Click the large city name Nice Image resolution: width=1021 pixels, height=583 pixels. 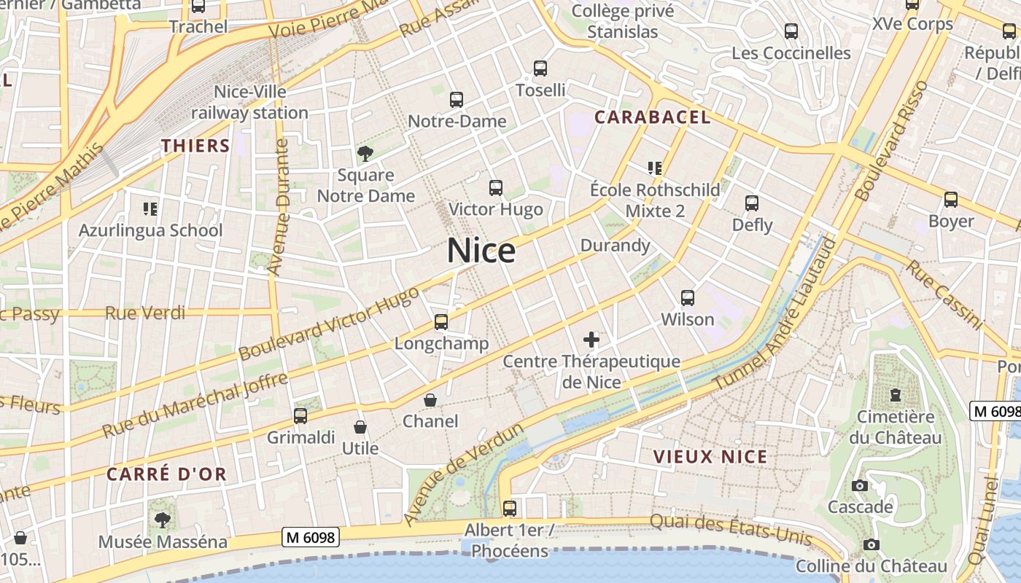481,251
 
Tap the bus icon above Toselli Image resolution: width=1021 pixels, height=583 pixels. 540,69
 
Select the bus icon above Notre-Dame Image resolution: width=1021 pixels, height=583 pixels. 457,100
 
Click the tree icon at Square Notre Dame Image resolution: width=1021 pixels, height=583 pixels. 365,153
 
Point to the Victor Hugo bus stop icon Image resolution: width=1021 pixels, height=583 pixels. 496,188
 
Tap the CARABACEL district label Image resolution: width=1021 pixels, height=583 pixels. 652,117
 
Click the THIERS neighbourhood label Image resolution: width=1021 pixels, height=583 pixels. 195,146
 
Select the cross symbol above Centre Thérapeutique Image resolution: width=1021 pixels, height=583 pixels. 591,340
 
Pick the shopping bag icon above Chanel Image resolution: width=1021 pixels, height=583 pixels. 430,400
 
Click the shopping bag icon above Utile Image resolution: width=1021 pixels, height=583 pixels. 360,427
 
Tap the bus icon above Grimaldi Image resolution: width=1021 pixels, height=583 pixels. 300,416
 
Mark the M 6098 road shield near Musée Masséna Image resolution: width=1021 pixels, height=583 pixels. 311,538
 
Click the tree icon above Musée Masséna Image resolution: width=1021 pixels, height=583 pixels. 162,520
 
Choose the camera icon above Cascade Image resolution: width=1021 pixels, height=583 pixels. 860,485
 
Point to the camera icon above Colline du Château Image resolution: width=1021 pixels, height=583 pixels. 871,544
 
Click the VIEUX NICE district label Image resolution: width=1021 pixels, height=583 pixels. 710,457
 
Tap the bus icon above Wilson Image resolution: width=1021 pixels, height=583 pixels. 687,298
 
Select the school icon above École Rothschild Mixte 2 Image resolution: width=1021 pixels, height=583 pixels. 654,168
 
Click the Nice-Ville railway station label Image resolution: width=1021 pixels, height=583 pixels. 249,103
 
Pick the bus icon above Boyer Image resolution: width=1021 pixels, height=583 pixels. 951,200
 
